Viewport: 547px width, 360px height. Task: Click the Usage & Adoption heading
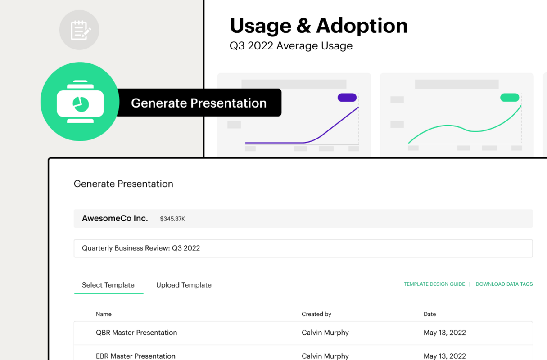[318, 26]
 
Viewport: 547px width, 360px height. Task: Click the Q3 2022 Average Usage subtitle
[291, 46]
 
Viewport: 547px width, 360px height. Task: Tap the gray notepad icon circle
[79, 30]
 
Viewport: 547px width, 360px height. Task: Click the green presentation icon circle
[80, 102]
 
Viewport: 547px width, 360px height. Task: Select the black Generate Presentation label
[199, 103]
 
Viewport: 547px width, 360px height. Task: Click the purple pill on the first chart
[347, 98]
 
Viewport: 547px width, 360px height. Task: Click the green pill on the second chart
[510, 98]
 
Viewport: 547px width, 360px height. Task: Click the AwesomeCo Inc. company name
[115, 218]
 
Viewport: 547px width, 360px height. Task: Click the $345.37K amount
[172, 219]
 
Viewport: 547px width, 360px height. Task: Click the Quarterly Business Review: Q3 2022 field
[303, 248]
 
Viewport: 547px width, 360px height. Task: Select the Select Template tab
[108, 285]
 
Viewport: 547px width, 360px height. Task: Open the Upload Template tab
[184, 285]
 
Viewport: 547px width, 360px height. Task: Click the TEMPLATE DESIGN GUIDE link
[434, 284]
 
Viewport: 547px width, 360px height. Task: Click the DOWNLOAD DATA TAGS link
[504, 284]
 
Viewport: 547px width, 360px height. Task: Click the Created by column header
[316, 314]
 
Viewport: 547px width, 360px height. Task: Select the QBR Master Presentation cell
[136, 333]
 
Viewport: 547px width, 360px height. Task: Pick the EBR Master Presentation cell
[136, 355]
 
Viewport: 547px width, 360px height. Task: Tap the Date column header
[429, 314]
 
